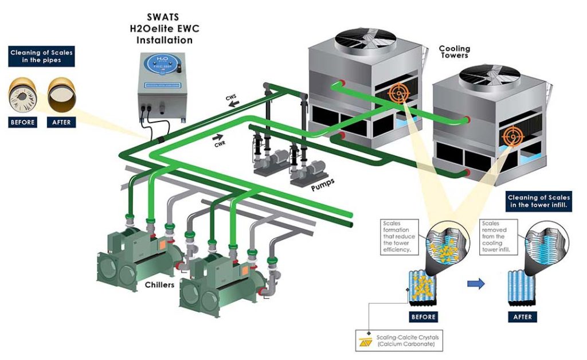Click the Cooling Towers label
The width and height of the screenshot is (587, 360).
pyautogui.click(x=454, y=52)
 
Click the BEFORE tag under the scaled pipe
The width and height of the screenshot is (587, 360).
pyautogui.click(x=23, y=122)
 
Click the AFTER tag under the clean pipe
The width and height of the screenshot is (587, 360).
pyautogui.click(x=61, y=122)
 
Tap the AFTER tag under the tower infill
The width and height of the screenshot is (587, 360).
pyautogui.click(x=522, y=316)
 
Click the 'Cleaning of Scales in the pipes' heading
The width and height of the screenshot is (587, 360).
pyautogui.click(x=42, y=56)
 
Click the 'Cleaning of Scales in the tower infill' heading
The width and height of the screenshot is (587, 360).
pyautogui.click(x=538, y=201)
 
